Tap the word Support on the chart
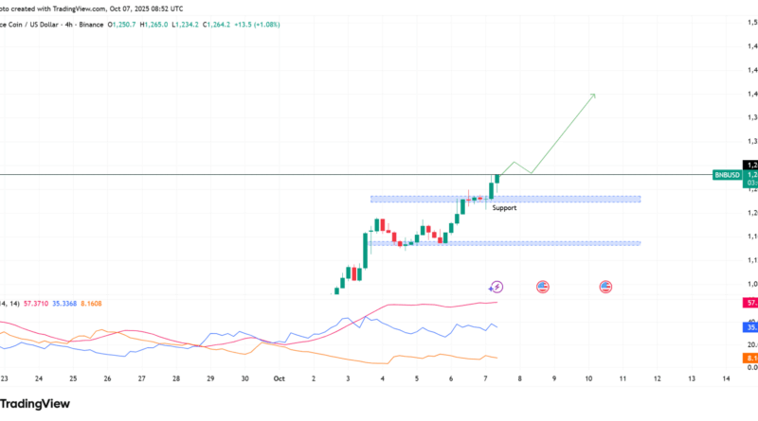(504, 208)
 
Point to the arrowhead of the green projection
(592, 96)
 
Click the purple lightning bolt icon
(496, 286)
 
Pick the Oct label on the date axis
(279, 377)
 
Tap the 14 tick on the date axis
(726, 377)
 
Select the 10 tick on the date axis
(588, 377)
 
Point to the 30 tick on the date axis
(244, 377)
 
